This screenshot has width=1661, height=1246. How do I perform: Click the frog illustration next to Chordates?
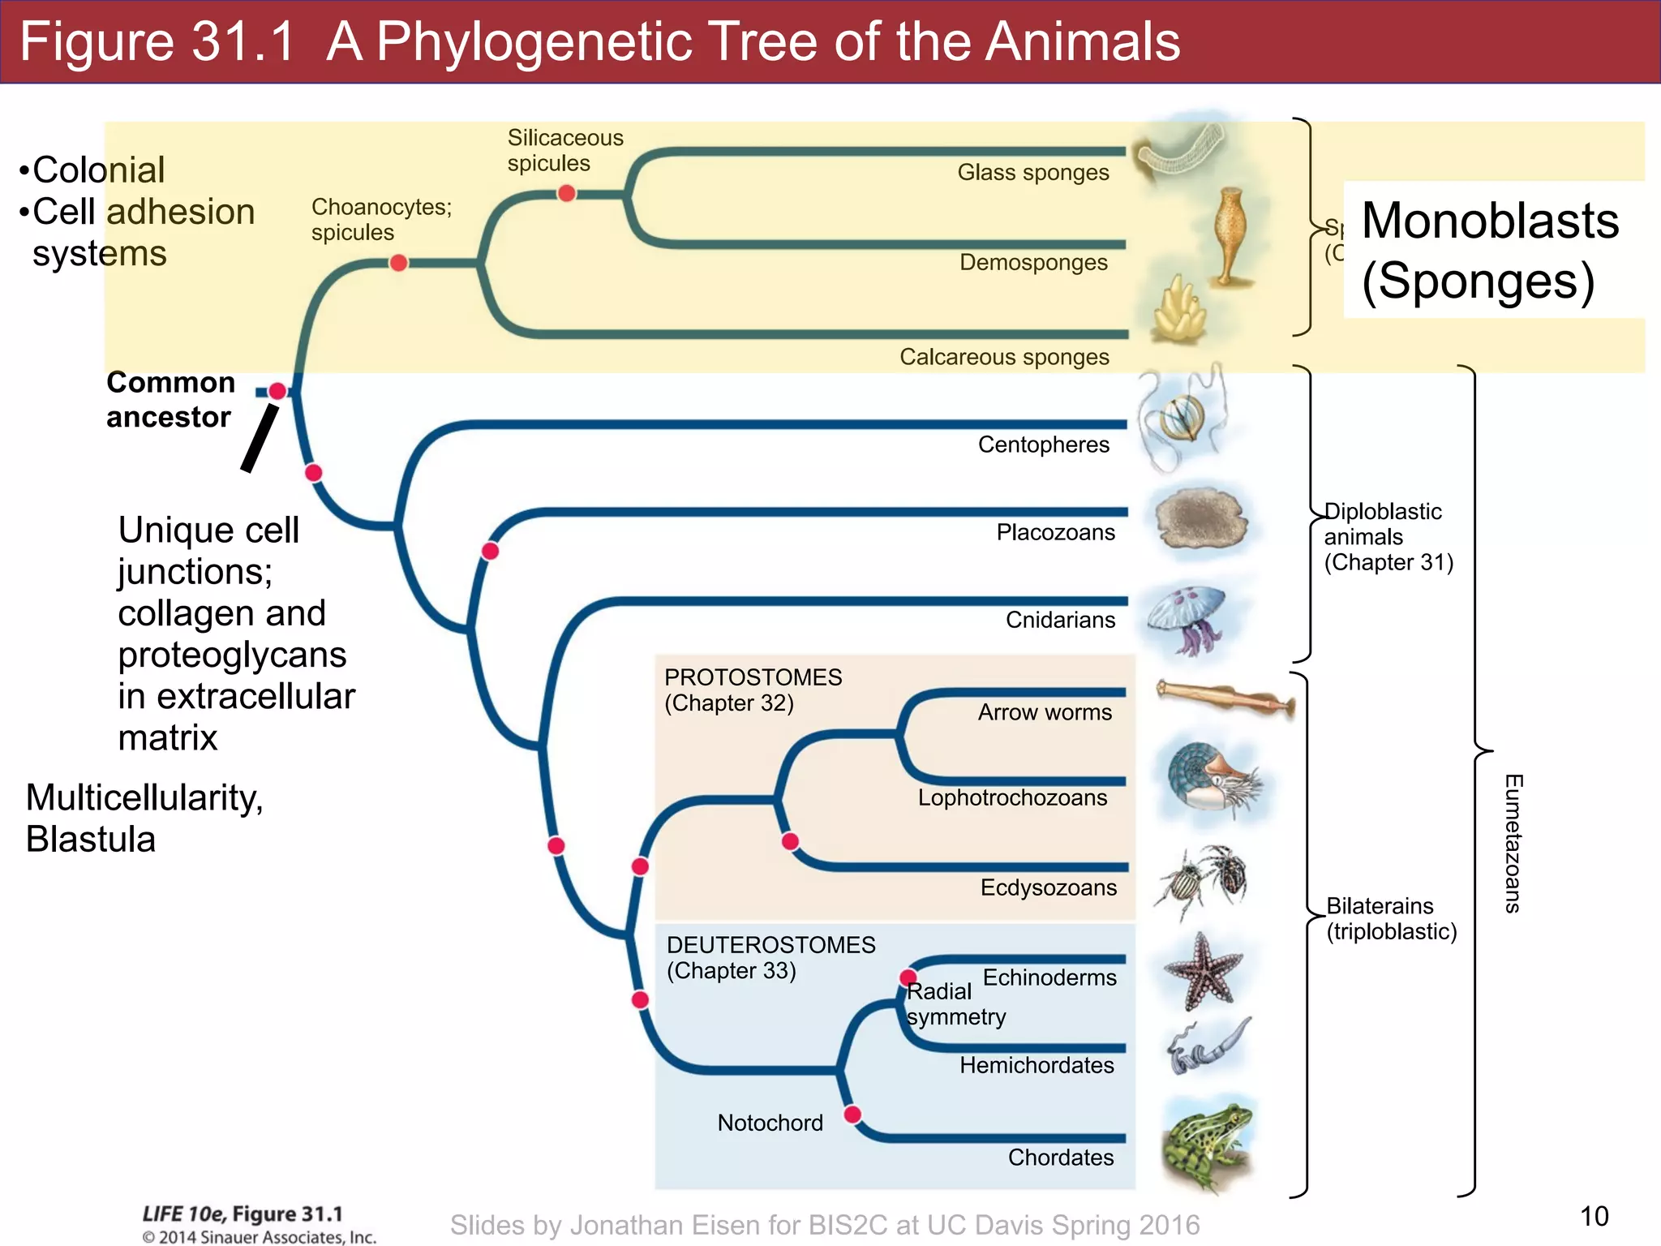click(x=1206, y=1142)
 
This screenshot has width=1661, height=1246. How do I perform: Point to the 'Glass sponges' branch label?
click(x=1032, y=173)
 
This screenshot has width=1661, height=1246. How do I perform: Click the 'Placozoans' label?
click(x=1055, y=532)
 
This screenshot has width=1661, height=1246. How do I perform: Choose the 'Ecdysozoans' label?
click(x=1048, y=887)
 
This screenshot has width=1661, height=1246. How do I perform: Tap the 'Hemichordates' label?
click(x=1037, y=1065)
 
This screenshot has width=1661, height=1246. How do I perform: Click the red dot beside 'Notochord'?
click(x=852, y=1114)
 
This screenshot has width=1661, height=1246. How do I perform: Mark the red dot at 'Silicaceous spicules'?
click(x=567, y=193)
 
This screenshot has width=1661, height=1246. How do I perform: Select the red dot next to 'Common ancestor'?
click(x=277, y=391)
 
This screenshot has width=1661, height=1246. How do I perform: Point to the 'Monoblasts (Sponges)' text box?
click(x=1490, y=250)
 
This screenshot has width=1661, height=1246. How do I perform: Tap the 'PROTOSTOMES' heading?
click(x=753, y=677)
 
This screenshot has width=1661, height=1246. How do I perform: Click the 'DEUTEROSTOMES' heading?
click(x=770, y=945)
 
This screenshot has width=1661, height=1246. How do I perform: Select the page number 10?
click(x=1594, y=1216)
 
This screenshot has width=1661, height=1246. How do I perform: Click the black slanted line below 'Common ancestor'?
click(x=260, y=438)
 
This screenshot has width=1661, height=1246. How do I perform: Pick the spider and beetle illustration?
click(x=1202, y=882)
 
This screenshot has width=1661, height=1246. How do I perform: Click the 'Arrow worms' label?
click(x=1045, y=712)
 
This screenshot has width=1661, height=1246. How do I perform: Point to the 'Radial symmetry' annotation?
click(x=955, y=1004)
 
